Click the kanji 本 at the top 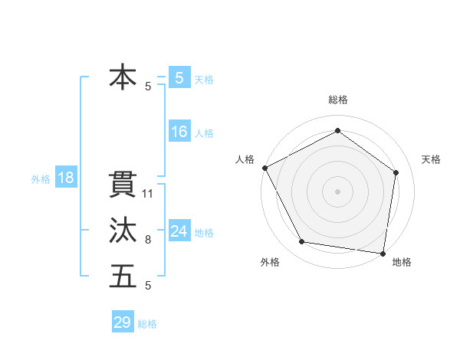[x=123, y=78]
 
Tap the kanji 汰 [x=123, y=231]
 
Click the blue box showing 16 [x=179, y=132]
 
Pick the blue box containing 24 [x=179, y=231]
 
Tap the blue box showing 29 [x=123, y=322]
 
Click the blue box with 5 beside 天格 [x=179, y=78]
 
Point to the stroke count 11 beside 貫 [x=149, y=194]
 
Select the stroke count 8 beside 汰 [x=148, y=240]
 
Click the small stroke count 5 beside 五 [x=148, y=286]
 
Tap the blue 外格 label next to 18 [x=41, y=179]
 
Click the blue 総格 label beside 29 [x=147, y=324]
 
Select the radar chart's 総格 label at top [x=337, y=100]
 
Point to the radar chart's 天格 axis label [x=432, y=159]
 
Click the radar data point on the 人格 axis [x=264, y=168]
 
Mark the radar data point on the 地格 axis [x=383, y=253]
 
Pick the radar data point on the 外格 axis [x=302, y=242]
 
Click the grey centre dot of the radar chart [x=337, y=191]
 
